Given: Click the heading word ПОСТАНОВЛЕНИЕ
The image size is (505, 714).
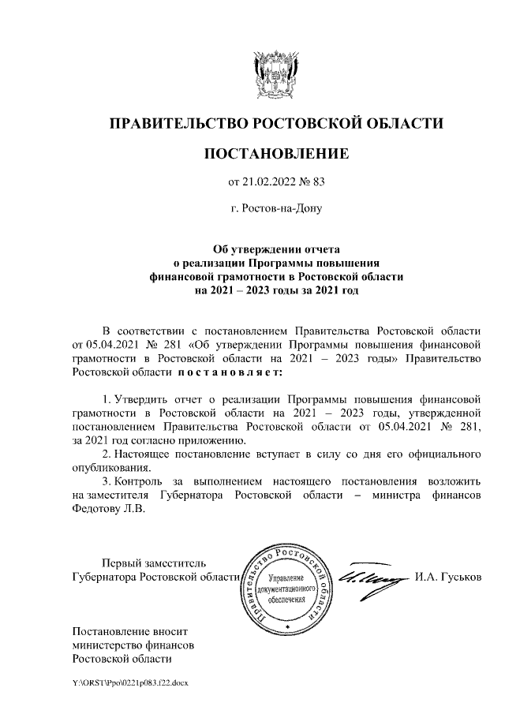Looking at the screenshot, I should coord(275,153).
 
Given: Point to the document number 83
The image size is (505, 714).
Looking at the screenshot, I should coord(318,183).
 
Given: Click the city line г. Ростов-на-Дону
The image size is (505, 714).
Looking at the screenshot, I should coord(276,211).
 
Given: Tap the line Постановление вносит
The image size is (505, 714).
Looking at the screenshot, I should coord(131,631).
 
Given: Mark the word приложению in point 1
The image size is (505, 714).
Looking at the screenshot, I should coord(218,440).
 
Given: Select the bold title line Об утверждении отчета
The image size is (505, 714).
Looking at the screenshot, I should coord(276,249).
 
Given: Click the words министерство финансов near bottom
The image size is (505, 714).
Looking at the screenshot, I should coord(133,645).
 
